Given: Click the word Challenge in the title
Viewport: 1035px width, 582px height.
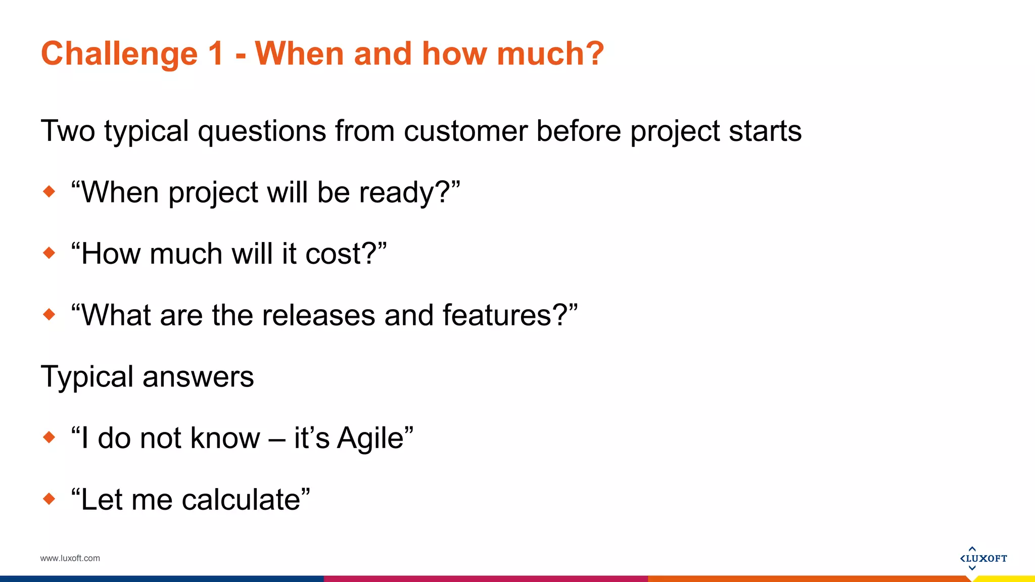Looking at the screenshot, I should (x=119, y=54).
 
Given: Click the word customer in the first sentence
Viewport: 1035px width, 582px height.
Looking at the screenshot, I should (x=465, y=131).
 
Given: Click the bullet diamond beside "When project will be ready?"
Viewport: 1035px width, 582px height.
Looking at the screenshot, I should (x=49, y=191).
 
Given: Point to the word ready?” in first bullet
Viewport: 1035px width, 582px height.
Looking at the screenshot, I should (x=409, y=192).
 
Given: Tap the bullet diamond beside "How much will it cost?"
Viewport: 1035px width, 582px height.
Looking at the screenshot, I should (x=49, y=253).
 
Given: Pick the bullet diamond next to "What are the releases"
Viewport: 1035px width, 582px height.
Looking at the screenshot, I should (x=49, y=314).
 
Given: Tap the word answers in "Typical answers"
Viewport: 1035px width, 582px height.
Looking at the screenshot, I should (x=198, y=377).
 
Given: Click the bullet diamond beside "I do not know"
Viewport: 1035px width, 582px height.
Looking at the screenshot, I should (x=49, y=437).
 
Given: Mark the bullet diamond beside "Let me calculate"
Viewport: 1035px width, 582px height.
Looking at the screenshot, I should (x=49, y=499).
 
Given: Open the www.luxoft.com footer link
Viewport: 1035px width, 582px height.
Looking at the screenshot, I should (x=70, y=558).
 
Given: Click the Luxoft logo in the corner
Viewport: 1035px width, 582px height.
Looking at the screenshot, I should (x=983, y=558).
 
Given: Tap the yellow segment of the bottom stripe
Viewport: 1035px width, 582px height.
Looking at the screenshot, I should (x=1006, y=579).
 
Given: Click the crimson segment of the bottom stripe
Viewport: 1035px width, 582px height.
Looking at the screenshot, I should (x=485, y=579).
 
